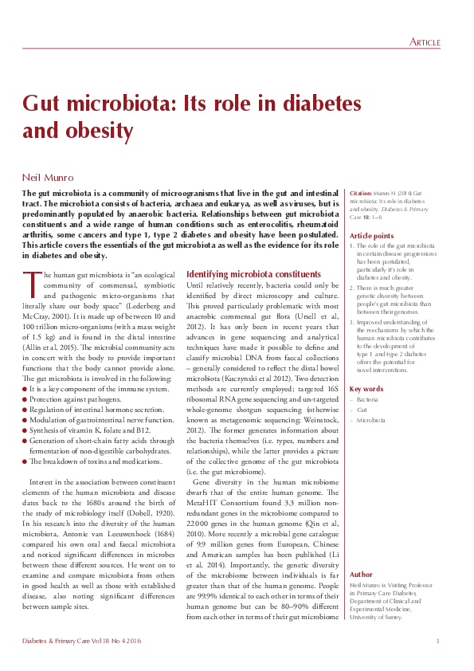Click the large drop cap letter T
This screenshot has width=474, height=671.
tap(30, 283)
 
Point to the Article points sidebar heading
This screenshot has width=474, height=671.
tap(371, 236)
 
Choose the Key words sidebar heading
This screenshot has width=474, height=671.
tap(366, 389)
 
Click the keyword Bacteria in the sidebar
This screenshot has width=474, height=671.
tap(367, 398)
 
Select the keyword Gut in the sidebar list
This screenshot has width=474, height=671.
tap(362, 408)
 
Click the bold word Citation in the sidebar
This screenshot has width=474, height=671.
tap(362, 194)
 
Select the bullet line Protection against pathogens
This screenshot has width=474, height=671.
tap(79, 398)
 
